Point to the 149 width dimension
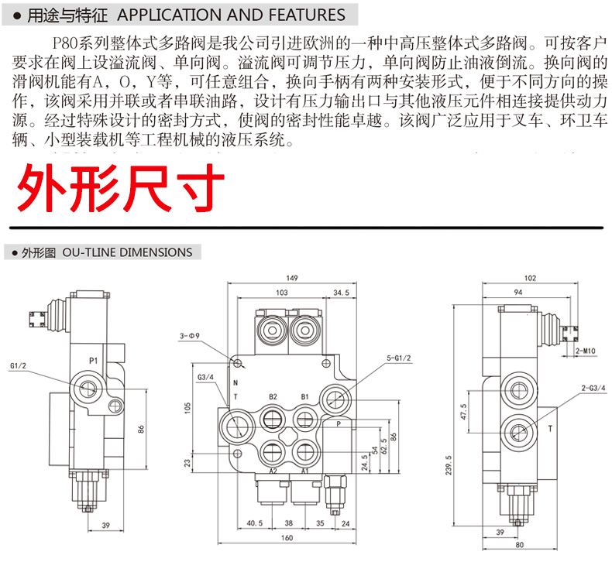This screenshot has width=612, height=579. tap(292, 278)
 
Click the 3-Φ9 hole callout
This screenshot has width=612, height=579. tap(189, 336)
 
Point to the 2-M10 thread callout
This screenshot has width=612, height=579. tap(586, 351)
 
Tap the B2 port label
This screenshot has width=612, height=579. tap(273, 397)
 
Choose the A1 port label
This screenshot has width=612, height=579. tap(305, 471)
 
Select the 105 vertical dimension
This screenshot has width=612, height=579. tap(186, 408)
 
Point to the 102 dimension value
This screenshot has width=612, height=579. tap(530, 278)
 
